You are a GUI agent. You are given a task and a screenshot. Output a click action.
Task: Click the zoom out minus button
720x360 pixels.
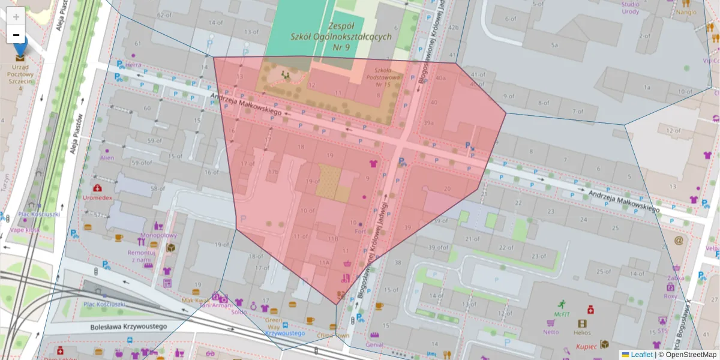(x=16, y=35)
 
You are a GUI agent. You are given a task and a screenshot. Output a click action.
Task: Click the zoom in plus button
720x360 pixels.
(x=16, y=16)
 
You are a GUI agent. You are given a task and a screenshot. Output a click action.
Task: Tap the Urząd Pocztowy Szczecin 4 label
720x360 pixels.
(x=20, y=78)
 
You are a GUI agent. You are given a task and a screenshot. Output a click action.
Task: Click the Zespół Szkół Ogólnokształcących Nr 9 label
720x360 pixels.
(x=341, y=37)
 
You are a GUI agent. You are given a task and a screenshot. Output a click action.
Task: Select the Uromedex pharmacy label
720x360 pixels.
(x=97, y=197)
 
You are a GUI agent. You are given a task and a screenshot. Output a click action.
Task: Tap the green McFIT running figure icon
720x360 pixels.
(x=562, y=304)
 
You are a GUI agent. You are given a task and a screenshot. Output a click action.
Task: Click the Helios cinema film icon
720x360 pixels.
(x=581, y=323)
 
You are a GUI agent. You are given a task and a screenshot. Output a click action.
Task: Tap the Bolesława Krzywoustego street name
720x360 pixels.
(x=128, y=327)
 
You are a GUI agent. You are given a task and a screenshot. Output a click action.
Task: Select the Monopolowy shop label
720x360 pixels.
(x=158, y=236)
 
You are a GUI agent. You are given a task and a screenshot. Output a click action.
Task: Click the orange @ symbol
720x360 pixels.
(x=679, y=241)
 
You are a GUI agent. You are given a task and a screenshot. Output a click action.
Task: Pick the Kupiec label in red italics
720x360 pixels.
(x=586, y=346)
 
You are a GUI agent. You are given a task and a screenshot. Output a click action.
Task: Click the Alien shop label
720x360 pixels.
(x=107, y=158)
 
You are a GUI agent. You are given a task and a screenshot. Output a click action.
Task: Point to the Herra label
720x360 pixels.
(x=133, y=65)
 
